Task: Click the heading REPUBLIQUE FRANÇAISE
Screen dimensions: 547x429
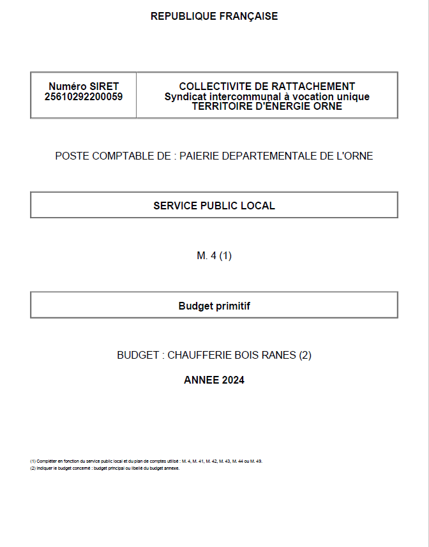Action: click(x=214, y=17)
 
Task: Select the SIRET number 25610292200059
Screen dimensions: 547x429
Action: click(x=84, y=97)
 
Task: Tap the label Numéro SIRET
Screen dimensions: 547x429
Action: click(x=84, y=86)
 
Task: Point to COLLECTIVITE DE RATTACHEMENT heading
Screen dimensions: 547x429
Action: click(x=267, y=86)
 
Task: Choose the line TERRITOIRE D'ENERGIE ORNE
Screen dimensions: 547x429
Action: click(x=267, y=107)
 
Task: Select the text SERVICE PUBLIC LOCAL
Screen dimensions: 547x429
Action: click(x=214, y=206)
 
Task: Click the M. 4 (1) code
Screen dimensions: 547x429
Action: click(x=214, y=256)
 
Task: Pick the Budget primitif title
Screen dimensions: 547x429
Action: click(x=214, y=306)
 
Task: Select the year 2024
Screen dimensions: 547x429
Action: click(x=233, y=380)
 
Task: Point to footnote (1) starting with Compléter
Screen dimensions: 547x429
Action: click(x=146, y=461)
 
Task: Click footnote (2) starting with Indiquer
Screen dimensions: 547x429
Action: click(x=105, y=468)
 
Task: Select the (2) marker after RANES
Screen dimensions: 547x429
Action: click(x=305, y=356)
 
